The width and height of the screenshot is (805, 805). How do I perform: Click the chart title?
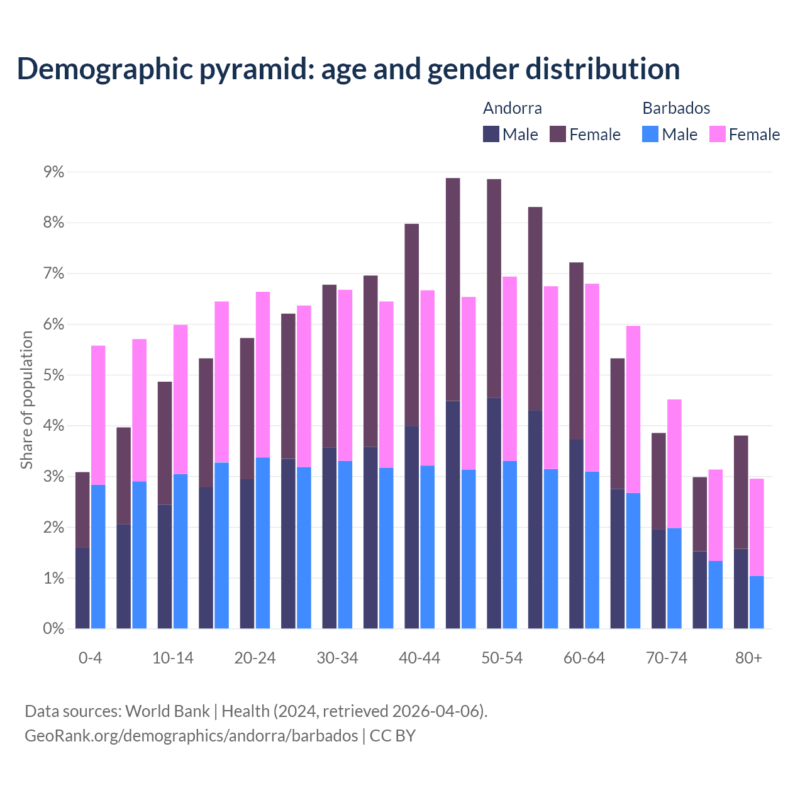click(x=348, y=69)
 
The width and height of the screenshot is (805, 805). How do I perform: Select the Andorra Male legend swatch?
click(x=491, y=134)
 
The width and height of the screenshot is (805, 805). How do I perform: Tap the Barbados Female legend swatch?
click(x=717, y=134)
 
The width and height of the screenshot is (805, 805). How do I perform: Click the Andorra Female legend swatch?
click(x=558, y=134)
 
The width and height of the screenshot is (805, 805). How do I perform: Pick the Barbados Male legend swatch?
click(x=650, y=134)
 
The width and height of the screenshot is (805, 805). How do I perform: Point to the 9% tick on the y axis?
click(x=53, y=172)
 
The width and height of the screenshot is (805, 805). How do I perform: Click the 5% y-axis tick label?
click(x=53, y=375)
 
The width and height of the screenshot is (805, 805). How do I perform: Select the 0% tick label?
click(x=53, y=628)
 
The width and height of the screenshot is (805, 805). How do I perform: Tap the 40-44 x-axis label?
click(x=419, y=658)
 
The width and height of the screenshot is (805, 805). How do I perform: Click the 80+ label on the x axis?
click(x=748, y=658)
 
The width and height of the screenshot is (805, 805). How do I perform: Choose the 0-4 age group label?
click(x=90, y=658)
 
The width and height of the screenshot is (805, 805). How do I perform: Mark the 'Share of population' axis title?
click(x=26, y=400)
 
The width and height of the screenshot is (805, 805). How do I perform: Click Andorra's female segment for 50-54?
click(x=494, y=289)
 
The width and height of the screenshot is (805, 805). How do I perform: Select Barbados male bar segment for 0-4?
click(x=98, y=557)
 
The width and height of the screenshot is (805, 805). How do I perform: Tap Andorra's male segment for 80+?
click(x=741, y=589)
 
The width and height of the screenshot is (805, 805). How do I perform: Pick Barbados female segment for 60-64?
click(x=592, y=377)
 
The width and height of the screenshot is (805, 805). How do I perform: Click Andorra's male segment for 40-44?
click(x=411, y=527)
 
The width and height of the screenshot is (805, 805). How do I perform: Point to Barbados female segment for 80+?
click(x=757, y=527)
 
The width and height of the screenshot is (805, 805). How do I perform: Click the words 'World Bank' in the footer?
click(x=167, y=711)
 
